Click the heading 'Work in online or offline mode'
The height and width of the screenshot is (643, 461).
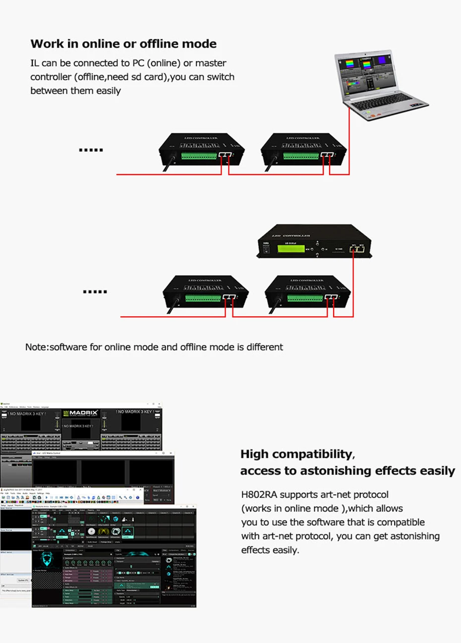pyautogui.click(x=123, y=44)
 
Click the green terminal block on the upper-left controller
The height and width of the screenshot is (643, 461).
pyautogui.click(x=199, y=156)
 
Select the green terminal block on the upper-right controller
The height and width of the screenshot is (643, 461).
pyautogui.click(x=301, y=156)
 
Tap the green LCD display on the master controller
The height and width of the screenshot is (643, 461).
pyautogui.click(x=290, y=248)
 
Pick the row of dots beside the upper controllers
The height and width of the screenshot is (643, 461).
pyautogui.click(x=91, y=150)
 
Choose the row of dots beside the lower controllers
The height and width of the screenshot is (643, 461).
pyautogui.click(x=95, y=292)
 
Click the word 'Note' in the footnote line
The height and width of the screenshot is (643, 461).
pyautogui.click(x=36, y=347)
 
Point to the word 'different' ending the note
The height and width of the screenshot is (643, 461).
pyautogui.click(x=264, y=347)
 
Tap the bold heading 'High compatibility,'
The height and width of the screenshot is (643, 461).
pyautogui.click(x=297, y=454)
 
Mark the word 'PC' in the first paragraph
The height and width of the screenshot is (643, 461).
pyautogui.click(x=138, y=63)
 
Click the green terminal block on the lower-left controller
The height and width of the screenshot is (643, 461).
pyautogui.click(x=203, y=298)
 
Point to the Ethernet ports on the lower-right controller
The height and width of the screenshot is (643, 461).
pyautogui.click(x=331, y=297)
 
